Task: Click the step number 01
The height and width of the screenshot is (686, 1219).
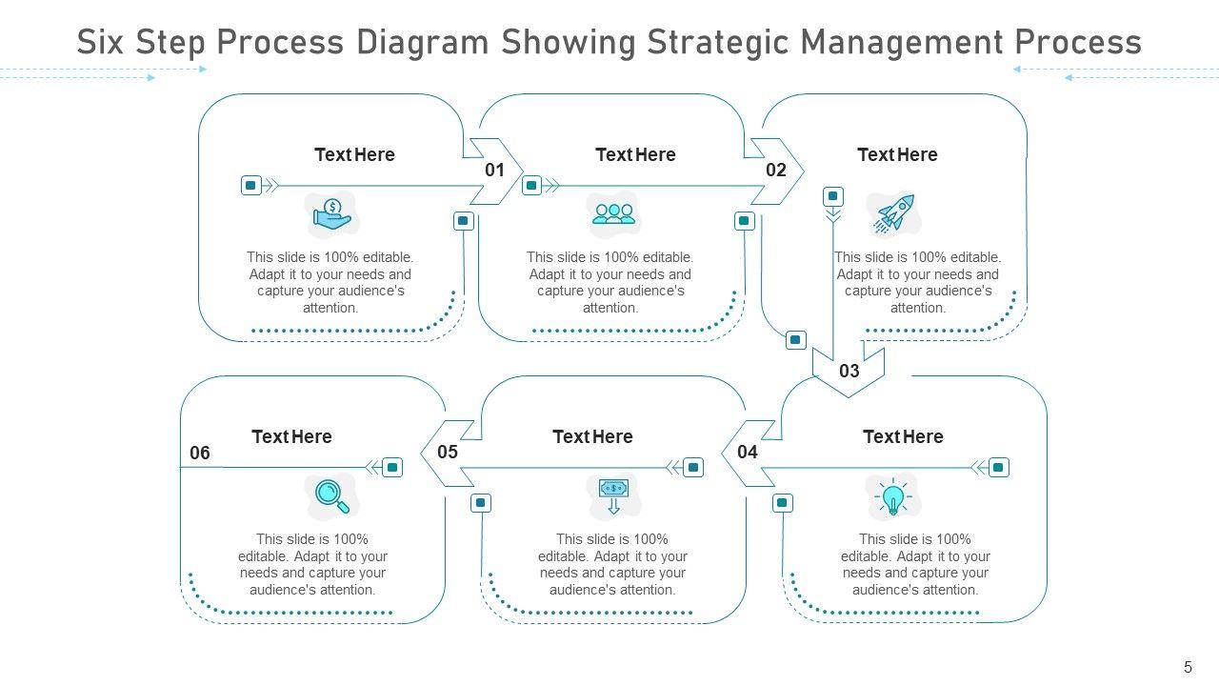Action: (x=494, y=171)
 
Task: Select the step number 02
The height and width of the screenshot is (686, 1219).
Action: (x=776, y=171)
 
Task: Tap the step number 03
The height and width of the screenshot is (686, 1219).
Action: (x=849, y=371)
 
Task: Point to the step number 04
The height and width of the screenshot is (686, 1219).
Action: (x=748, y=453)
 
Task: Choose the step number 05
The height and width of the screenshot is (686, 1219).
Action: (x=448, y=453)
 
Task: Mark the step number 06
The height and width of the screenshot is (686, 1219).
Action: (x=200, y=454)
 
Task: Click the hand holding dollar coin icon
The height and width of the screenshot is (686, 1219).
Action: (x=332, y=216)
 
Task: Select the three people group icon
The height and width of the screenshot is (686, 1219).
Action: (x=613, y=214)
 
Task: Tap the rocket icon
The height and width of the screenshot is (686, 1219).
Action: (x=894, y=214)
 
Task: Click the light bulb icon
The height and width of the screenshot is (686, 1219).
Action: (x=892, y=497)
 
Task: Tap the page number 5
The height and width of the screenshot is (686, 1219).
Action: (x=1188, y=667)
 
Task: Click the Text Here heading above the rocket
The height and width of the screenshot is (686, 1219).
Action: (x=897, y=154)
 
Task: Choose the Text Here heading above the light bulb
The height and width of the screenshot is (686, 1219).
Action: (x=903, y=436)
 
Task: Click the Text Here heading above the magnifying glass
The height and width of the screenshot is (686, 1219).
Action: (x=291, y=436)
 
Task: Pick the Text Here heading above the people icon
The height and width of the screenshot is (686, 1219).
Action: (x=635, y=154)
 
